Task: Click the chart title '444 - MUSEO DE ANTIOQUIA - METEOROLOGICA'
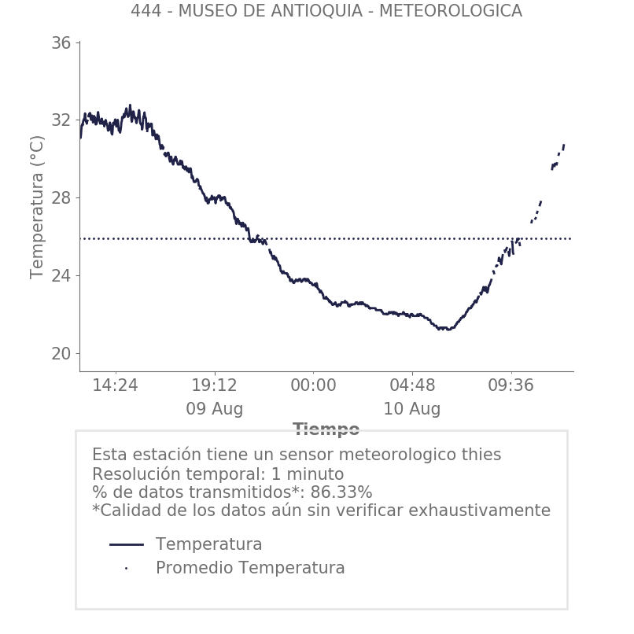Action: pos(326,11)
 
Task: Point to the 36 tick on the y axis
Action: pos(61,43)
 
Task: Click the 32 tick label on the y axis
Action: pos(61,120)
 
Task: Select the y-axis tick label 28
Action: pos(61,197)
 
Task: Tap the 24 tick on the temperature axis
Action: pos(61,275)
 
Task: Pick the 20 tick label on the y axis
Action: pos(61,353)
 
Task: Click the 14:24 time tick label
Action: pos(115,385)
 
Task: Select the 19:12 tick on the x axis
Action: pos(214,385)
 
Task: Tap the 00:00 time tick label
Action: pos(313,385)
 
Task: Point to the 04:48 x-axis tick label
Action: pos(412,385)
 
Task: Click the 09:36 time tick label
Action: pos(511,385)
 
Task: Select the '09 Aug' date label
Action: pos(214,409)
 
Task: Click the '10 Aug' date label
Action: pos(412,409)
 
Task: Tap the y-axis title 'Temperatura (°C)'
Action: pos(37,206)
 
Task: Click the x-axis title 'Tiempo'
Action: pos(326,429)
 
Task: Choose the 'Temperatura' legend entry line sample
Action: pos(126,544)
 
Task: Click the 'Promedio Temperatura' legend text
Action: pos(250,568)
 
